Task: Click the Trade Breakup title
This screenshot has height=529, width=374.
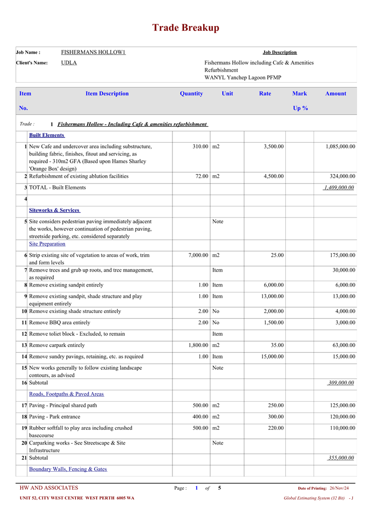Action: click(x=186, y=28)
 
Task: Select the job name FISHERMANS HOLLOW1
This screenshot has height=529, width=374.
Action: click(x=93, y=53)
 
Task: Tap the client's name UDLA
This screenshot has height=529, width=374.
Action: click(x=69, y=63)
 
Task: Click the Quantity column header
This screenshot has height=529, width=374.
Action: click(x=191, y=94)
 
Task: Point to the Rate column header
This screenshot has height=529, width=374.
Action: click(x=265, y=94)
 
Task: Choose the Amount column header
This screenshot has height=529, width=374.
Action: click(x=335, y=94)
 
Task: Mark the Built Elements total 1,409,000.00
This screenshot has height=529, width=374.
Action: click(x=338, y=188)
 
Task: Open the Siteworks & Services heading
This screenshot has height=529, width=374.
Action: click(x=54, y=211)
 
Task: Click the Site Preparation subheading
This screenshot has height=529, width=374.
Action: click(x=47, y=244)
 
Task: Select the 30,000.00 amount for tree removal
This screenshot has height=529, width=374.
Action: click(x=342, y=270)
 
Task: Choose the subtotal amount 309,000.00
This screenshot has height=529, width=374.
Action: click(x=341, y=383)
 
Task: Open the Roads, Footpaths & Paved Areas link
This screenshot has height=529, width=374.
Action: click(x=66, y=394)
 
